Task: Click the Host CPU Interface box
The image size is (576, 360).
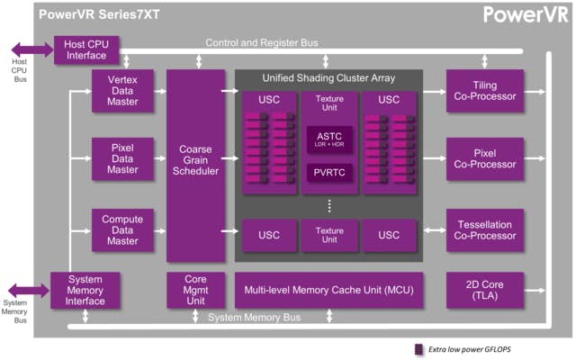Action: click(x=87, y=50)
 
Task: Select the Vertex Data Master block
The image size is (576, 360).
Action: click(x=121, y=91)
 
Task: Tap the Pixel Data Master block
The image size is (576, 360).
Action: click(x=121, y=158)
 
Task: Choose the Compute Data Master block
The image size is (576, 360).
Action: click(x=121, y=229)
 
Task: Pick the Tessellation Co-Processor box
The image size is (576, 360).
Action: click(x=485, y=229)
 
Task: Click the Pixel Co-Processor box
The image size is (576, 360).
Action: click(x=485, y=158)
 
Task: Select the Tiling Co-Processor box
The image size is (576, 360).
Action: click(x=485, y=91)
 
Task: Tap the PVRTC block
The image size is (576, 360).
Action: click(x=328, y=171)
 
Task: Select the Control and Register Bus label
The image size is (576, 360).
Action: click(x=261, y=42)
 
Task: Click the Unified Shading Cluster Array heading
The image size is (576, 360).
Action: click(x=328, y=78)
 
